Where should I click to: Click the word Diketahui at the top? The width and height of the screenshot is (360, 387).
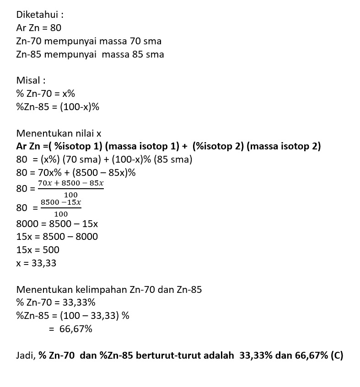point(37,15)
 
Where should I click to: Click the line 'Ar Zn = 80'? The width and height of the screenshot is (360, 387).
point(38,28)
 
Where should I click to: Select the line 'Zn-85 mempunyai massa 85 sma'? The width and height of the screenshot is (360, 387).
point(90,54)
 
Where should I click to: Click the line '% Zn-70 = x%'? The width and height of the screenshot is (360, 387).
point(45,94)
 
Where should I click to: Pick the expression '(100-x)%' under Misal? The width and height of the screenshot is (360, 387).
point(80,107)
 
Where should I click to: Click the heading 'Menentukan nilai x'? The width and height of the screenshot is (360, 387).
point(59,133)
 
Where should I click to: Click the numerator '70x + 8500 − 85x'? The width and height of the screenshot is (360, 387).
point(71,184)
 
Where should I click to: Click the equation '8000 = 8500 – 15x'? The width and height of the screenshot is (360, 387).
point(57,224)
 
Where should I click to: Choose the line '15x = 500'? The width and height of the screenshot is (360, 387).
point(38,250)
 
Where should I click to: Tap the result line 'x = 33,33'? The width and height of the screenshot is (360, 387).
point(36,263)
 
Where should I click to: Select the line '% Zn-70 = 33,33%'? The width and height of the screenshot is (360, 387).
point(55,302)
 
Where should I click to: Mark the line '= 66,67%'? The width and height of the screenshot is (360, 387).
point(70,329)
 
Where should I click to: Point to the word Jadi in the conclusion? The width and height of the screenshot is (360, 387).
point(25,355)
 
